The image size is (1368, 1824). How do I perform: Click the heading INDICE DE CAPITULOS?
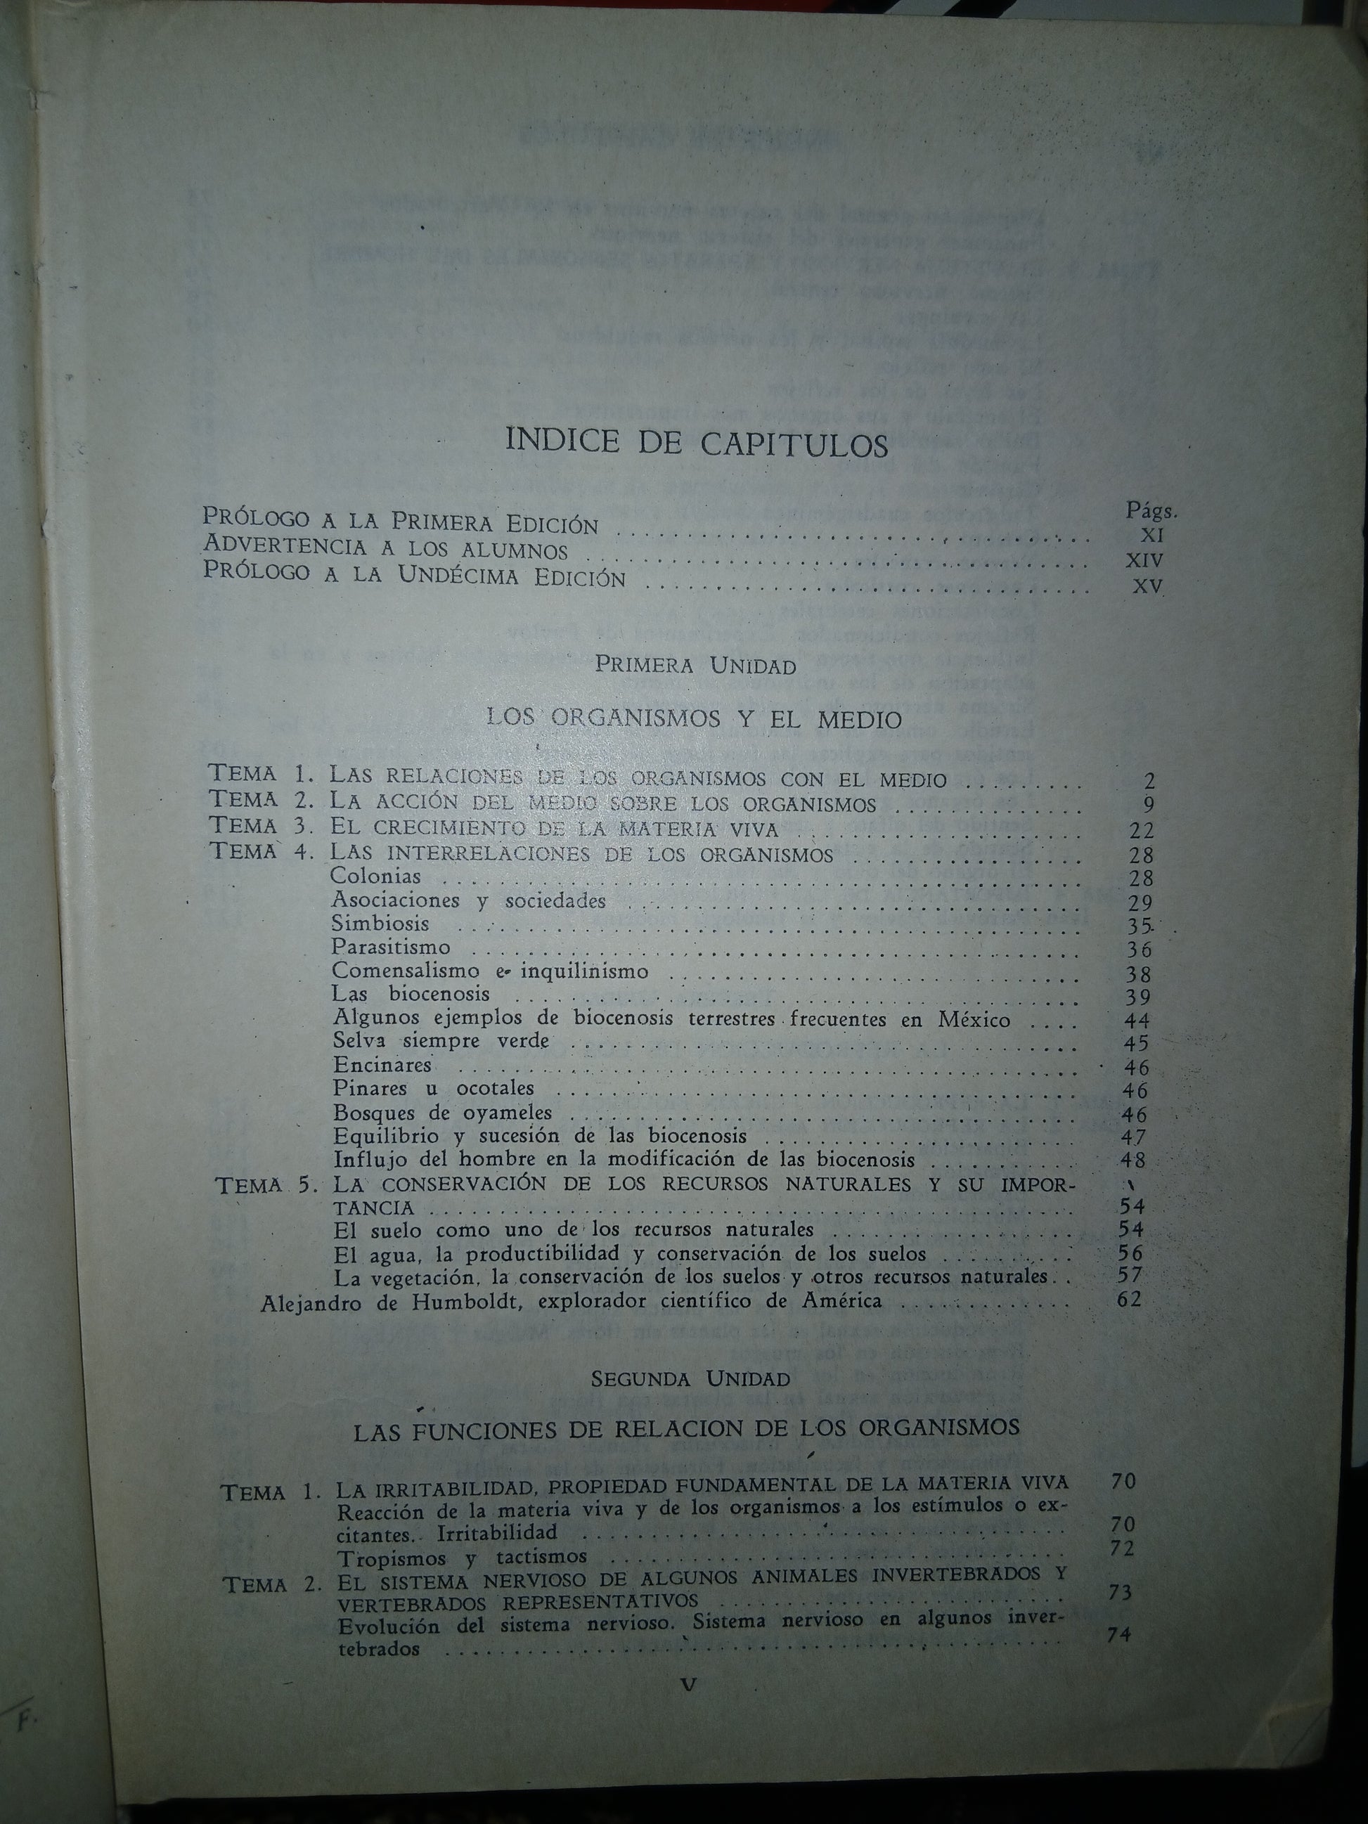(x=696, y=443)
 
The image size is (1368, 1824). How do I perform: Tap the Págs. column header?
(x=1151, y=510)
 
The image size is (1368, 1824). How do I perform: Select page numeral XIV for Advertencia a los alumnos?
(x=1144, y=560)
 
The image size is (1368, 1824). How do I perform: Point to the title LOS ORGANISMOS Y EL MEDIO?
(x=695, y=719)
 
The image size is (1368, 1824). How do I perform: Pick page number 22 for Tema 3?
(x=1141, y=830)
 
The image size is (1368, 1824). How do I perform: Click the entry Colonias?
(x=375, y=877)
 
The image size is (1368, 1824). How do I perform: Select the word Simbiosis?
(x=380, y=924)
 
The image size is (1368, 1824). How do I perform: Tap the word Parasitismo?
(x=391, y=947)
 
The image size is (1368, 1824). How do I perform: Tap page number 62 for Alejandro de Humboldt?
(x=1129, y=1300)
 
